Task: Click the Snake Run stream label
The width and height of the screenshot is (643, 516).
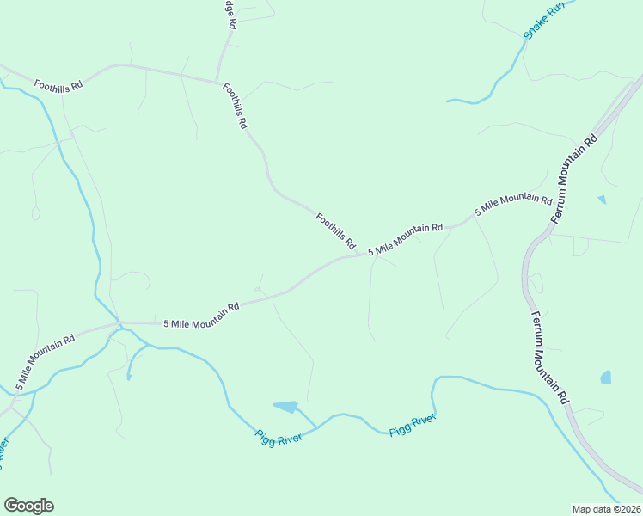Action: (544, 20)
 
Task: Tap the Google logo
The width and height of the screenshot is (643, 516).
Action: (28, 506)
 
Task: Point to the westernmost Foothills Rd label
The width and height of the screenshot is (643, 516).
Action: (58, 85)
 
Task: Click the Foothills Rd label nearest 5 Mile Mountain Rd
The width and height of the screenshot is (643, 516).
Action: (335, 230)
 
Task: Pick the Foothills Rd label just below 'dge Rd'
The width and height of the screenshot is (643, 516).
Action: (235, 106)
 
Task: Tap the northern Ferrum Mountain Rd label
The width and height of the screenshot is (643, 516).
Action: (574, 179)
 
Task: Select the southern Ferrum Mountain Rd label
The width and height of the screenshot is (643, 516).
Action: (549, 358)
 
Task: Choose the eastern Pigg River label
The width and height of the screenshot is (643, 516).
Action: (413, 425)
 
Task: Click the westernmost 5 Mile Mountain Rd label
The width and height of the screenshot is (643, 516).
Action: (45, 357)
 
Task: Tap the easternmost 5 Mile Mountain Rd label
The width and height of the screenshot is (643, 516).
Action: (514, 205)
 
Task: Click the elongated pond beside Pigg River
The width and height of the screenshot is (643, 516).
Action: (285, 406)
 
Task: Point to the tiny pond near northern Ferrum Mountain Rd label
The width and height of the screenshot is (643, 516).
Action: (602, 200)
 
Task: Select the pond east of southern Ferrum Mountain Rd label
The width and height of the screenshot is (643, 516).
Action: (606, 377)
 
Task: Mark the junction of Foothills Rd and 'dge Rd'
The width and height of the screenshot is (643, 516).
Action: (216, 82)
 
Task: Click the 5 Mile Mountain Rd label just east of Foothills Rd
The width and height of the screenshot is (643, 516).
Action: (405, 239)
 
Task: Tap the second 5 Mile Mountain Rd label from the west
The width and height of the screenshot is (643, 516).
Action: (201, 316)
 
